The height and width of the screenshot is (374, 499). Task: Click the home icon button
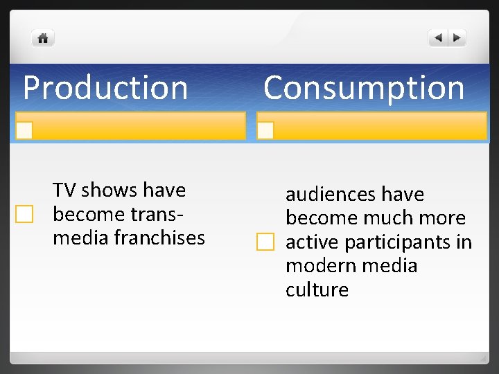coord(43,38)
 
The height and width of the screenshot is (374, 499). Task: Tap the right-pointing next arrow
coord(458,38)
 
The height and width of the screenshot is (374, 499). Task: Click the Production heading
coord(105,88)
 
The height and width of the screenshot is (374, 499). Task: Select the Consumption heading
coord(364,88)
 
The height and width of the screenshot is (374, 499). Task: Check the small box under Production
coord(25,130)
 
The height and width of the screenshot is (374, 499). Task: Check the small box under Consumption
coord(265,130)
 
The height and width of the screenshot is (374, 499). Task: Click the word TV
coord(64,190)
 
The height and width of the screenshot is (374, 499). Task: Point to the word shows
coord(109,190)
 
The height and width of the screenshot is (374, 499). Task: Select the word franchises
coord(159,238)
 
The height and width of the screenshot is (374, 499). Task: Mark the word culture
coord(317,290)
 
